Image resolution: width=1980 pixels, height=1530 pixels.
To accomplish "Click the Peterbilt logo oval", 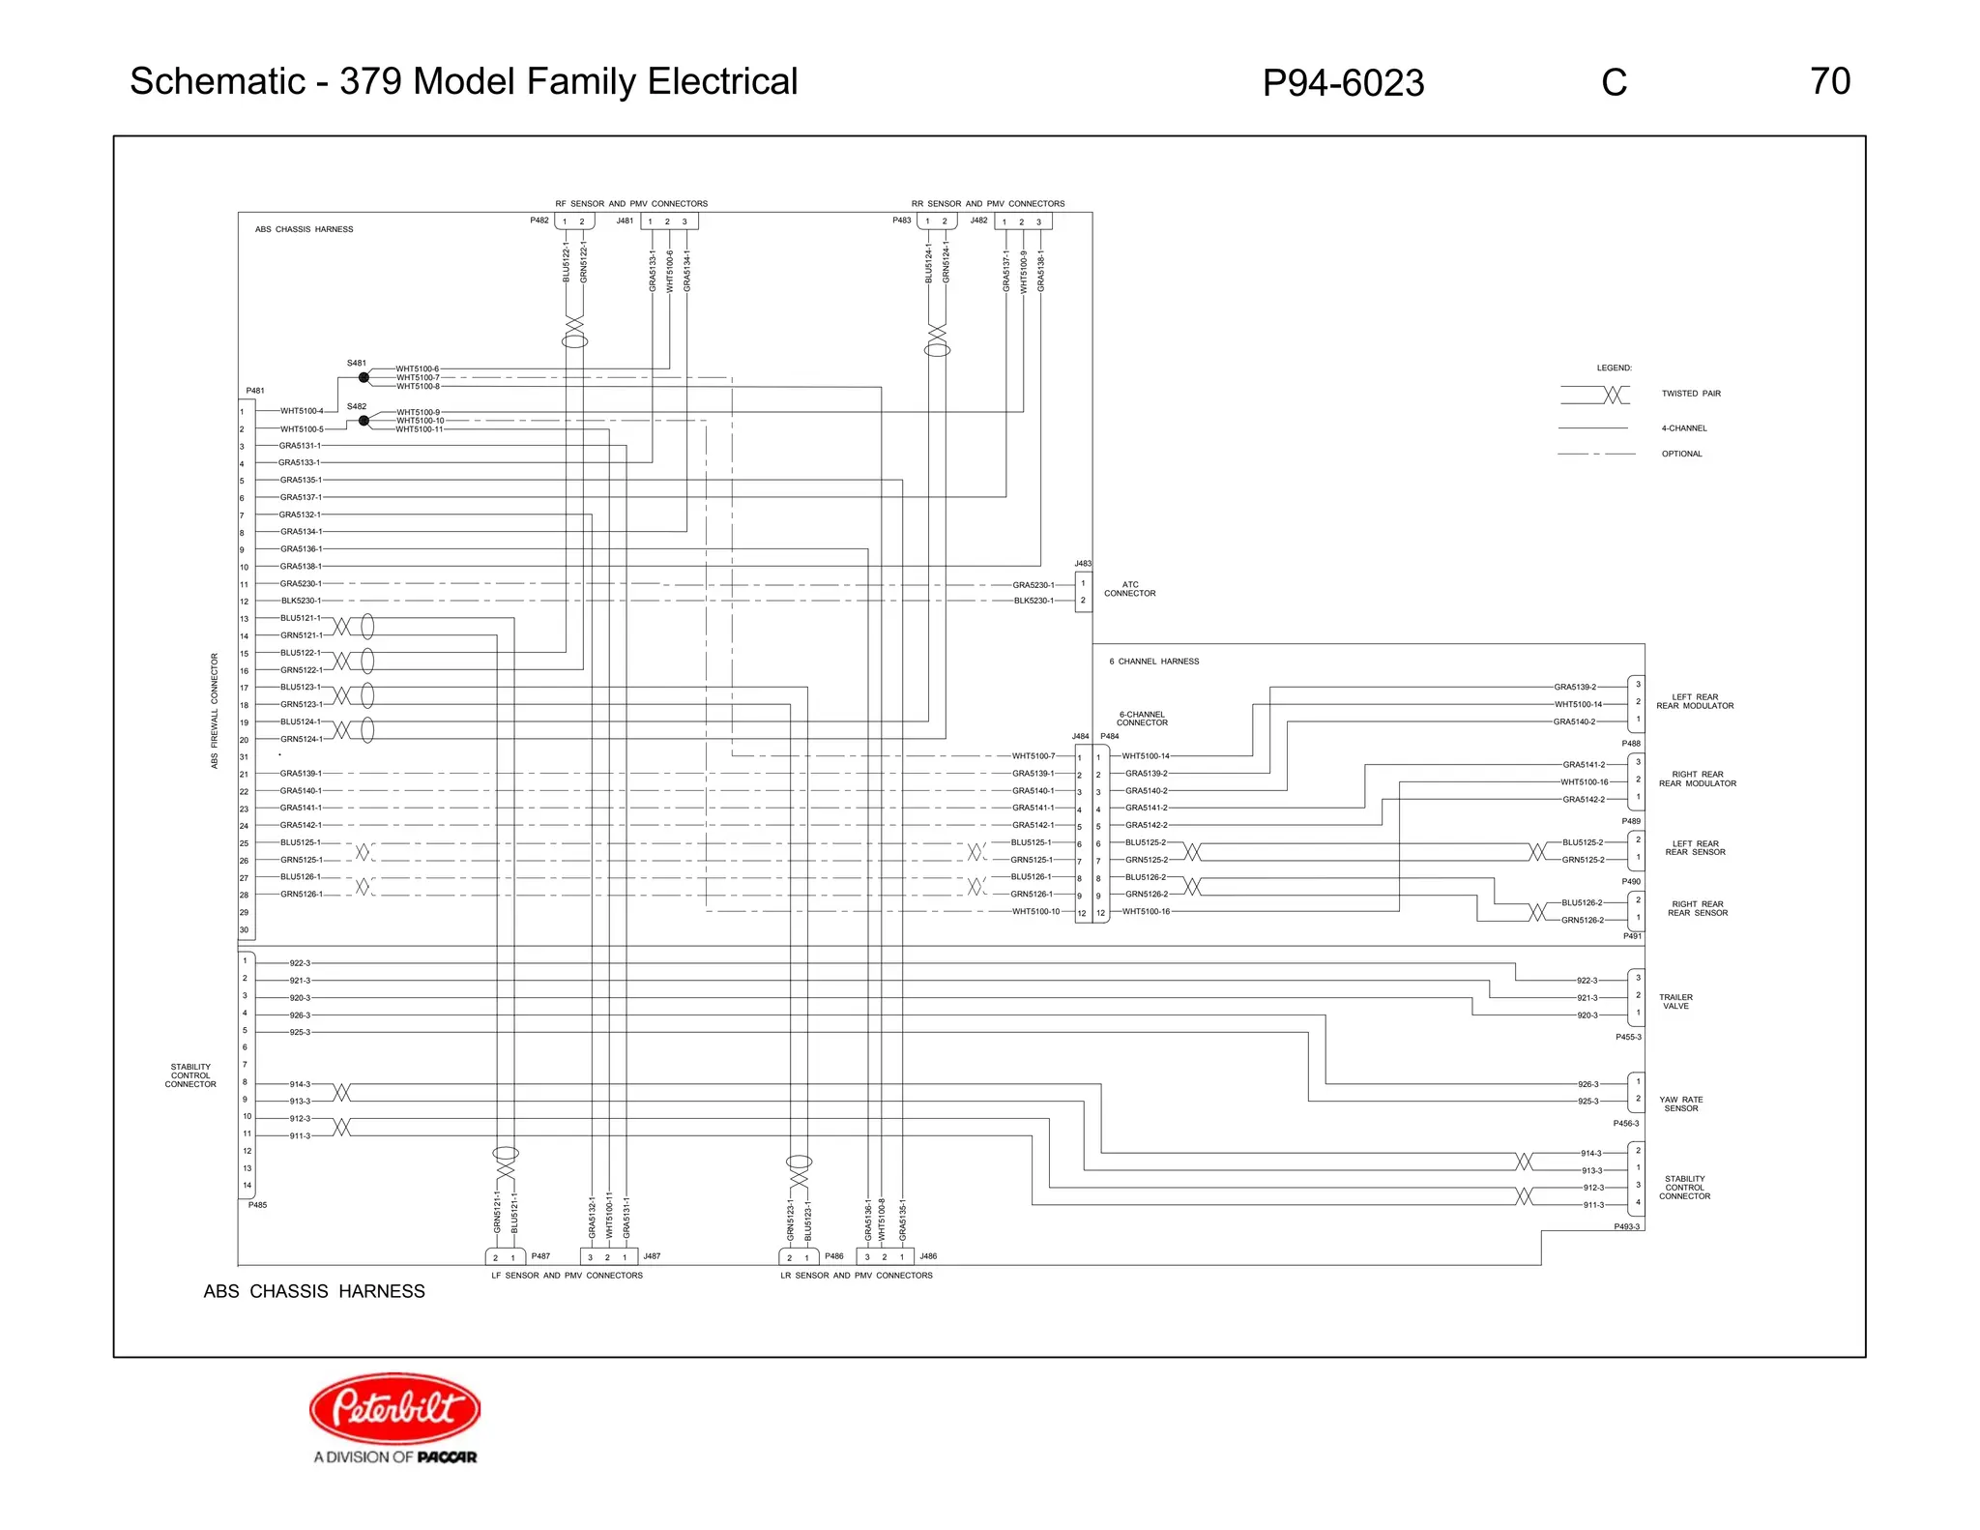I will pos(394,1407).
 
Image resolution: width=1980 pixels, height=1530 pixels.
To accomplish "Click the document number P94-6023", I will pos(1343,84).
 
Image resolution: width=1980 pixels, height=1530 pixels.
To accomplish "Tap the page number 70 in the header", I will pos(1830,81).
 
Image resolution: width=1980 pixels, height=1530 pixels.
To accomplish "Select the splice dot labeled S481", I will pos(364,377).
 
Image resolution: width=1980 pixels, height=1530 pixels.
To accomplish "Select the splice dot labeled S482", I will pos(364,421).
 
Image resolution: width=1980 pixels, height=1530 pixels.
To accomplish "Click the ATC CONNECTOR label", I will pos(1129,589).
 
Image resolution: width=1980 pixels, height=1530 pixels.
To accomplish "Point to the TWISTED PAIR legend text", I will pos(1691,394).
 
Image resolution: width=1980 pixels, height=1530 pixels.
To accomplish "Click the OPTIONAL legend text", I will pos(1681,454).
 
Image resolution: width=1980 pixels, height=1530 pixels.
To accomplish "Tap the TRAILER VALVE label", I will pos(1675,1002).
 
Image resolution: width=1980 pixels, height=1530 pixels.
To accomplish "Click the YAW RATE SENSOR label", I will pos(1680,1103).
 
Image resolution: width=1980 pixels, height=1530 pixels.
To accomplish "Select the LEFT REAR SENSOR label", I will pos(1695,848).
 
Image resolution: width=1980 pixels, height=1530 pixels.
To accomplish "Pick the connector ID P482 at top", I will pos(539,221).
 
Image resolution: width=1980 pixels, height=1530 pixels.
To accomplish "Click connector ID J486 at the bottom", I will pos(928,1256).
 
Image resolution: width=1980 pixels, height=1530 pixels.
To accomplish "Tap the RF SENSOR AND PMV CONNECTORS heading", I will pos(631,204).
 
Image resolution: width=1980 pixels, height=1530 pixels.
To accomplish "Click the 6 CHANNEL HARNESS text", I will pos(1153,662).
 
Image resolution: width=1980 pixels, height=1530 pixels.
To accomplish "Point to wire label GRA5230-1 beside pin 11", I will pos(301,584).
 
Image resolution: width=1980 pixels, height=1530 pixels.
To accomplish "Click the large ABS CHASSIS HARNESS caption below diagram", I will pos(313,1291).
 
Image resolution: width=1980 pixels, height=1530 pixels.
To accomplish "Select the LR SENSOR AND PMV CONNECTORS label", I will pos(857,1276).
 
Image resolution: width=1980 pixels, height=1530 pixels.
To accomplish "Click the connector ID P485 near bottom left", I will pos(257,1205).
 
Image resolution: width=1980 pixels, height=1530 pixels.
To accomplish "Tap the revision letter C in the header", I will pos(1614,83).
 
